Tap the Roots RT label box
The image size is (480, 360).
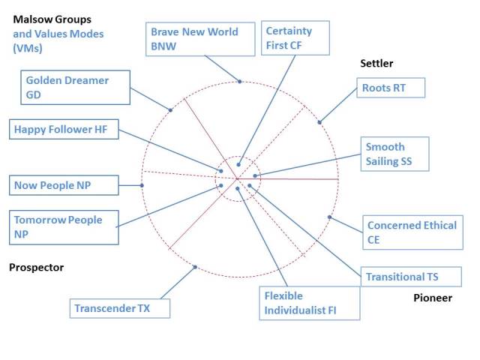(x=390, y=88)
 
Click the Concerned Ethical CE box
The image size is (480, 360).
(x=412, y=232)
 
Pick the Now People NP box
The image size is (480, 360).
(x=64, y=184)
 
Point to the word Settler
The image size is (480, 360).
(x=376, y=64)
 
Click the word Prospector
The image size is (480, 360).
(x=36, y=268)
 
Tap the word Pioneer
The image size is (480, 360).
(x=433, y=298)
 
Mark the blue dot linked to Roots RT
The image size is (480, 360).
(x=319, y=121)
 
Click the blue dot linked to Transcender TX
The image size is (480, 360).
(x=195, y=266)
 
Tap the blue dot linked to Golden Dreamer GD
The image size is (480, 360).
(x=171, y=110)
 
